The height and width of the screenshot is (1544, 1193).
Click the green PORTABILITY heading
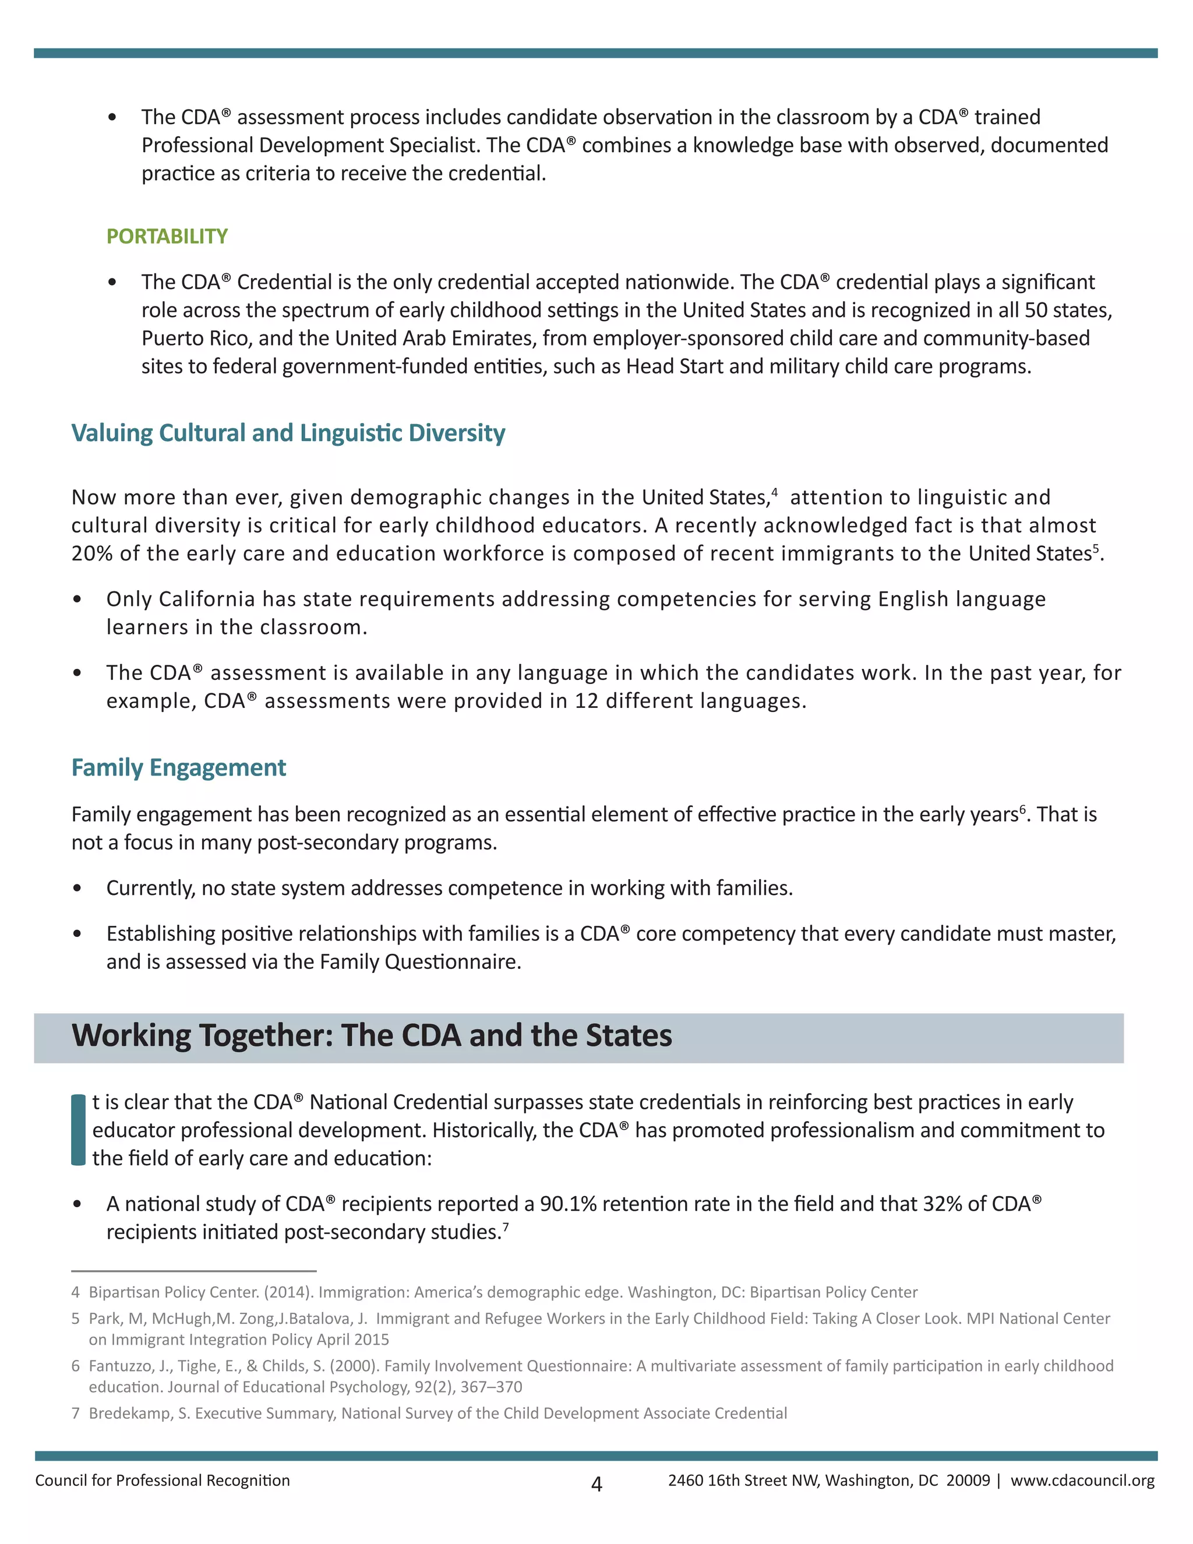tap(167, 236)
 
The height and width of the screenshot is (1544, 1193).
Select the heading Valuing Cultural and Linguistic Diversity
tap(288, 433)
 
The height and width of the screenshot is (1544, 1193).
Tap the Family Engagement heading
tap(178, 767)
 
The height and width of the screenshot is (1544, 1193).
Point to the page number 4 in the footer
tap(596, 1484)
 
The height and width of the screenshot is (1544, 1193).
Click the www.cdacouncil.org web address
tap(1082, 1480)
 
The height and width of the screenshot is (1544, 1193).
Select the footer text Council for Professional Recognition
tap(163, 1480)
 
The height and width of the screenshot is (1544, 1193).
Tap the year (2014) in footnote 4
tap(288, 1292)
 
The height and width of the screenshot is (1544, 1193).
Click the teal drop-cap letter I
tap(79, 1130)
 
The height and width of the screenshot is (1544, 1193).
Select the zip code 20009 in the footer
tap(968, 1480)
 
